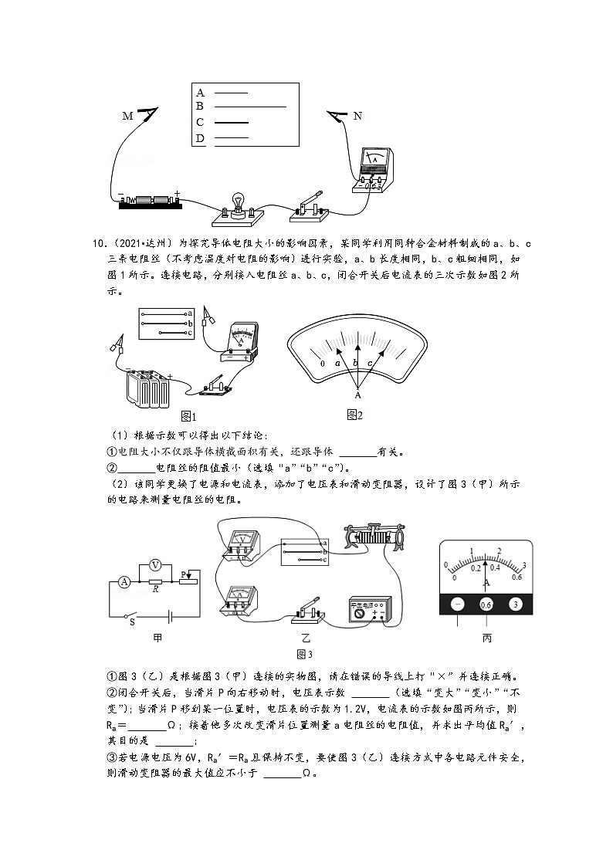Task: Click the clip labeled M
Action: (147, 113)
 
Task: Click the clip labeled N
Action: (338, 117)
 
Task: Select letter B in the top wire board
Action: (199, 106)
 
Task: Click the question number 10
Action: (98, 244)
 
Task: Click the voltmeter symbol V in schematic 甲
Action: (154, 564)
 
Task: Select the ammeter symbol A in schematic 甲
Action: (123, 582)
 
